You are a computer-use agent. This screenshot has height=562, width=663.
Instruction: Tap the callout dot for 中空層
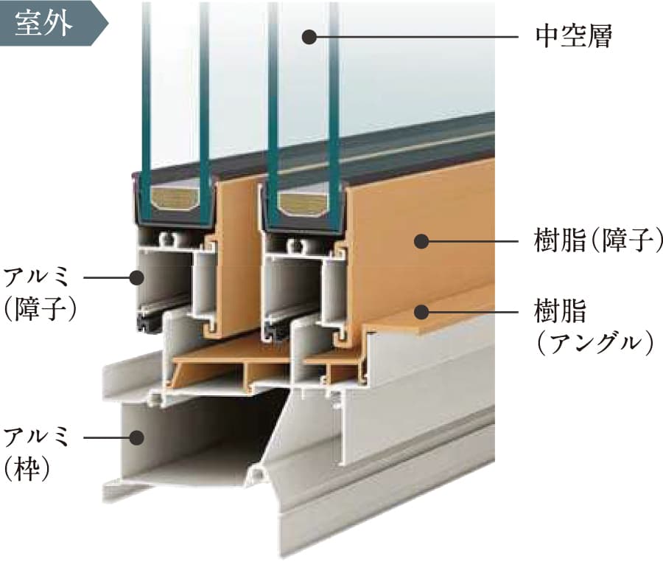click(310, 36)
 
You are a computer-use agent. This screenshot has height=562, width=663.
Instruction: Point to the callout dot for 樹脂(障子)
click(421, 241)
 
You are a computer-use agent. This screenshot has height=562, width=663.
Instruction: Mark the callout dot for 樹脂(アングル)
click(421, 311)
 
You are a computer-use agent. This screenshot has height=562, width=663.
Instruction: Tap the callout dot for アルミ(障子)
click(136, 278)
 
